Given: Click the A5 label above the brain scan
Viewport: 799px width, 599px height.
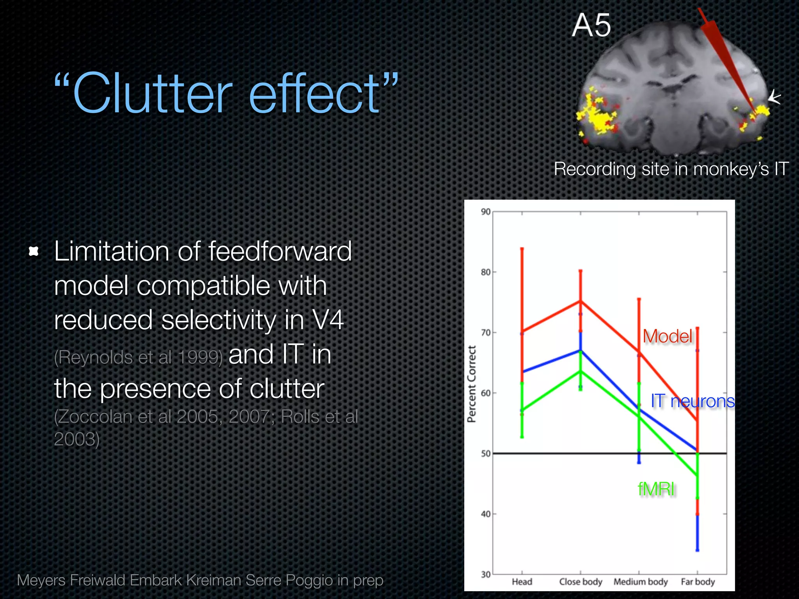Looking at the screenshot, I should (x=591, y=25).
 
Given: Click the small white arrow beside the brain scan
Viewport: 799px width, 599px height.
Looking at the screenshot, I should (x=774, y=97).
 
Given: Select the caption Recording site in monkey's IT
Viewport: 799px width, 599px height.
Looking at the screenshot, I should (x=671, y=169).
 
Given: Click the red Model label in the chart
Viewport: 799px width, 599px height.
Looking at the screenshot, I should (x=668, y=336).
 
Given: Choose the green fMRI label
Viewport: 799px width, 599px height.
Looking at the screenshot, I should (x=656, y=489).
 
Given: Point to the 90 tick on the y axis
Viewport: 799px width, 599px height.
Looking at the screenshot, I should (x=486, y=212).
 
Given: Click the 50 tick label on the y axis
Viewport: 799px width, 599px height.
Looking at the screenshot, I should (x=486, y=454).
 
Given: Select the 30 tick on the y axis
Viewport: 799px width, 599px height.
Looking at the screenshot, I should (x=486, y=574).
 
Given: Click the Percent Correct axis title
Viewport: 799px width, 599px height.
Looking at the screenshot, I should (x=472, y=384).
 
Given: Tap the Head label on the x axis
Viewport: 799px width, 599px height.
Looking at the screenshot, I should (x=522, y=582).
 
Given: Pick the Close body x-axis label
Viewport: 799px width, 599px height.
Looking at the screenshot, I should (x=581, y=582).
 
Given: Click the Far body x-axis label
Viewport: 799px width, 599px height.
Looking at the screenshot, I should (x=698, y=582).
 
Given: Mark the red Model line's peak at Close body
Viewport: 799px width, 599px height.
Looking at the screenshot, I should (x=581, y=301).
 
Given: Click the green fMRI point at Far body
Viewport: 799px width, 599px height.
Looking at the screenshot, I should (x=697, y=475).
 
